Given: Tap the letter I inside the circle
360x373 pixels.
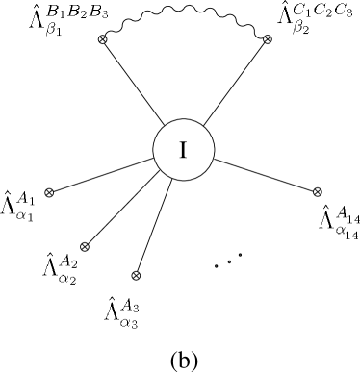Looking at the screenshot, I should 183,151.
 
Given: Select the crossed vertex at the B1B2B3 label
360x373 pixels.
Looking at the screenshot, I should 102,38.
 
